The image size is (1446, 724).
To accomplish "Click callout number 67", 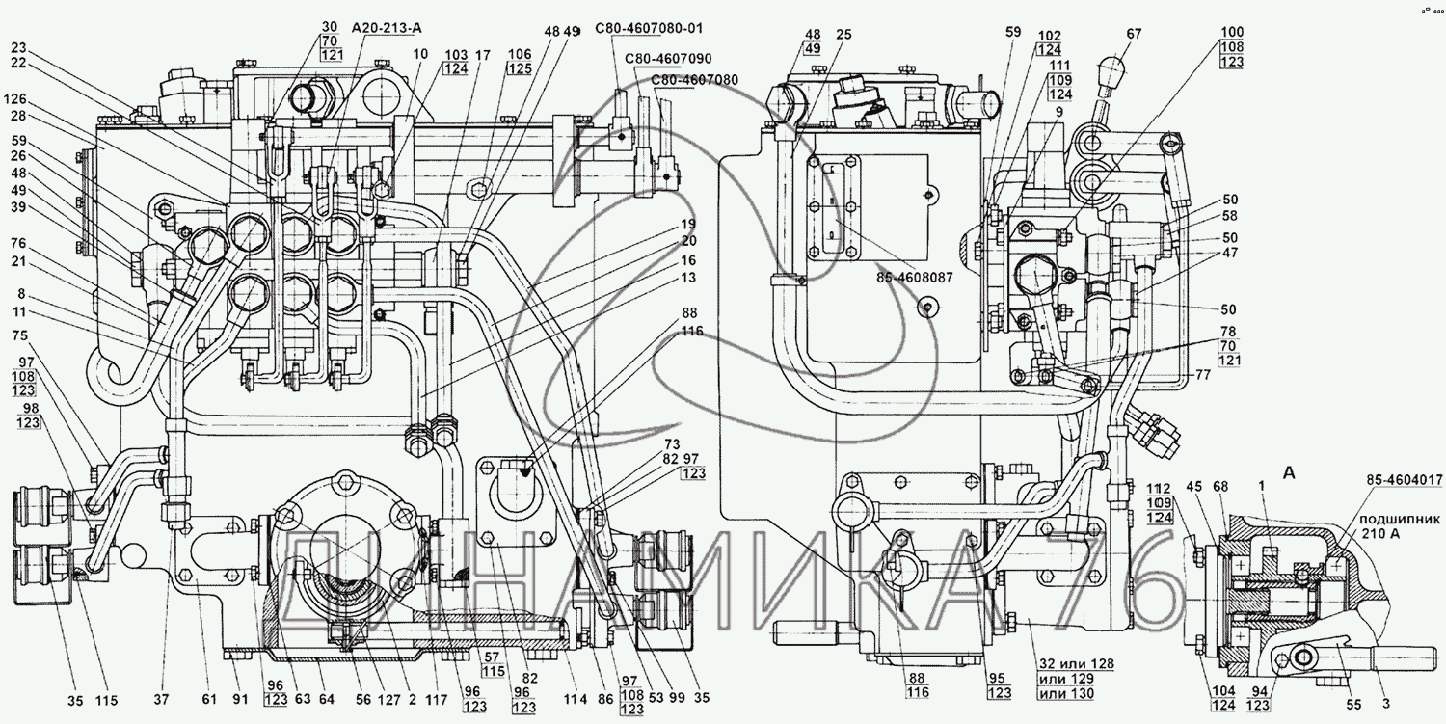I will pos(1134,33).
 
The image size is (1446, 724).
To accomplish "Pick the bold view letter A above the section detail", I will pos(1288,472).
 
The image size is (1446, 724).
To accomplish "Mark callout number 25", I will pos(844,34).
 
